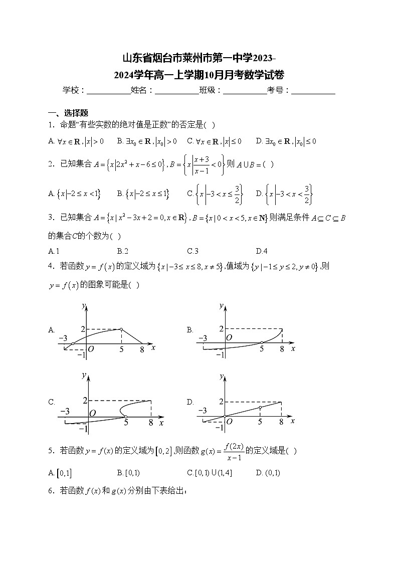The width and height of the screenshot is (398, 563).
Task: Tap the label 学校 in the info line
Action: click(x=71, y=90)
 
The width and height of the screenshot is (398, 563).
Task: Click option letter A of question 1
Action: click(x=51, y=141)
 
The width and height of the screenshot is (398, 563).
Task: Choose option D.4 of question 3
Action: click(x=261, y=251)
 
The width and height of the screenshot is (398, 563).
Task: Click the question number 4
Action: click(x=51, y=266)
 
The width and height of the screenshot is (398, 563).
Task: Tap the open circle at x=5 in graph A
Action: click(x=121, y=329)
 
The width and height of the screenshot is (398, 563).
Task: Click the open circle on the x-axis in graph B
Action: click(x=261, y=343)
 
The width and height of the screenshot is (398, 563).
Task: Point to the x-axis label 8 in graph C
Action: click(x=151, y=423)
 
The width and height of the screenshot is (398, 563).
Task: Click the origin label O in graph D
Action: click(x=229, y=422)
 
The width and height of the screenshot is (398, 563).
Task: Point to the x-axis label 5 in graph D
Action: click(x=260, y=422)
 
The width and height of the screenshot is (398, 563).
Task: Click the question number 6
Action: click(x=51, y=491)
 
